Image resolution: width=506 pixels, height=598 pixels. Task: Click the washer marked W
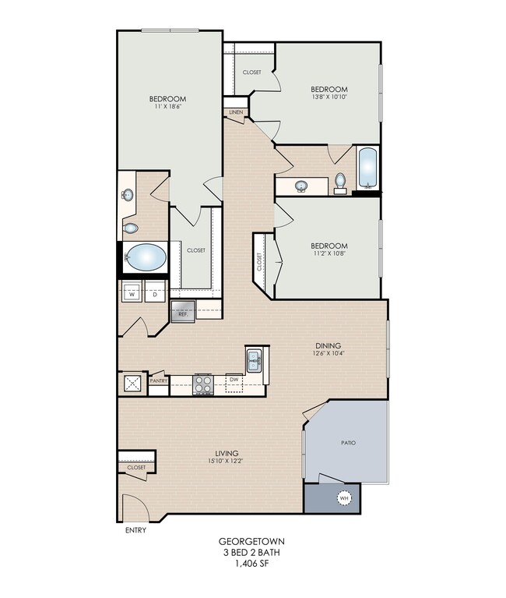(x=132, y=292)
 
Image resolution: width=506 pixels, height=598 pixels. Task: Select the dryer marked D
(x=155, y=292)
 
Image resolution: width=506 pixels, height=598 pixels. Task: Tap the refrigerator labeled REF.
(x=183, y=311)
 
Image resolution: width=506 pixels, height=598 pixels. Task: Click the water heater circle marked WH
(x=344, y=498)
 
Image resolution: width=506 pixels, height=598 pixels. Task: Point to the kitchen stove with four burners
(x=203, y=384)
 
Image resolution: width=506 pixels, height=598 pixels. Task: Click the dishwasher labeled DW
(x=234, y=383)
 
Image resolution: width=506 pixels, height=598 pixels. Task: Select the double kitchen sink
(x=254, y=361)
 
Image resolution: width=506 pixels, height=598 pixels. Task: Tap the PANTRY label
(x=159, y=380)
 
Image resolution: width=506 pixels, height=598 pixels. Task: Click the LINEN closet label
(x=236, y=112)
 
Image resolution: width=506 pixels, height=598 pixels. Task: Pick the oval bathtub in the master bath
(x=146, y=257)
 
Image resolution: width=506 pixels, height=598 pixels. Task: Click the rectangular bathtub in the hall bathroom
(x=368, y=168)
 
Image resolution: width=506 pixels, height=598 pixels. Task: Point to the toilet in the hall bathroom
(x=340, y=183)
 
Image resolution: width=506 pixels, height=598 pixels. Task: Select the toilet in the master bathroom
(x=130, y=228)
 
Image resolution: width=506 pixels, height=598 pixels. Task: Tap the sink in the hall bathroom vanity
(x=301, y=186)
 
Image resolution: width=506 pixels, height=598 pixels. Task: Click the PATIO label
(x=349, y=443)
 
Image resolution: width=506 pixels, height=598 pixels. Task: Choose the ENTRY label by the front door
(x=136, y=530)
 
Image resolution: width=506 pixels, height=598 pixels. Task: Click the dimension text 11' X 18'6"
(x=167, y=107)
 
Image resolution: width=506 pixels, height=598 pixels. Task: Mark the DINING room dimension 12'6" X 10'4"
(x=329, y=353)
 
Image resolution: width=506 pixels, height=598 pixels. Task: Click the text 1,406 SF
(x=251, y=563)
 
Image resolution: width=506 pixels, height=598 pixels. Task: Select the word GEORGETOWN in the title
(x=251, y=541)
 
